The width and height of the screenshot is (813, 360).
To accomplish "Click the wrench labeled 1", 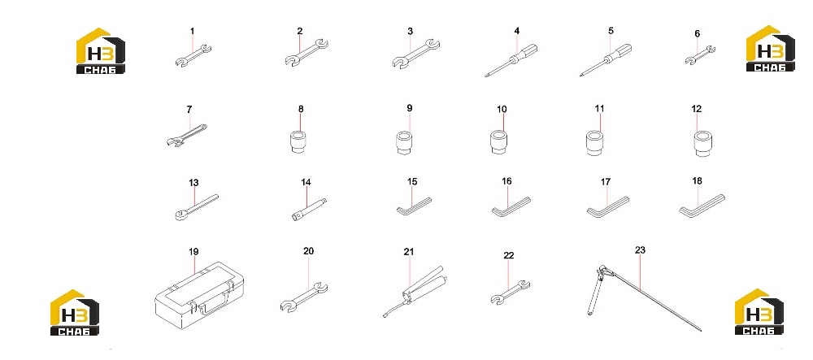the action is pyautogui.click(x=193, y=56).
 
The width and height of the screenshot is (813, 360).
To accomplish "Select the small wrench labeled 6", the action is pyautogui.click(x=700, y=55).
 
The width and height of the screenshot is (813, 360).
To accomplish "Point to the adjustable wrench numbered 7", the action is pyautogui.click(x=187, y=135).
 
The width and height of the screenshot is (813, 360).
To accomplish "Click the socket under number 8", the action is pyautogui.click(x=298, y=142).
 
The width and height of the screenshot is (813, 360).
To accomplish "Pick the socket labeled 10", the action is pyautogui.click(x=498, y=142).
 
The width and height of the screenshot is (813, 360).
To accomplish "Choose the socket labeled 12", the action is pyautogui.click(x=702, y=144).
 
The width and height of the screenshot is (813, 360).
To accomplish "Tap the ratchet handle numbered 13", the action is pyautogui.click(x=197, y=208).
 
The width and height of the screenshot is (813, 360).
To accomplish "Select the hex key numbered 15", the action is pyautogui.click(x=414, y=206).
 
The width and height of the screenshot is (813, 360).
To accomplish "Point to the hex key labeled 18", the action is pyautogui.click(x=702, y=206).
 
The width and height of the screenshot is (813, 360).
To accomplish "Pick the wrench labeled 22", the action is pyautogui.click(x=511, y=292).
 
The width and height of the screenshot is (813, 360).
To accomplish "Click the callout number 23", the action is pyautogui.click(x=640, y=250).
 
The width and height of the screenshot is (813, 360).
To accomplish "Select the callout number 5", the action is pyautogui.click(x=611, y=31).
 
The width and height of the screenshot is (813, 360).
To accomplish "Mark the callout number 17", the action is pyautogui.click(x=606, y=182).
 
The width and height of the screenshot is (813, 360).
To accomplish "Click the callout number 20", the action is pyautogui.click(x=308, y=251).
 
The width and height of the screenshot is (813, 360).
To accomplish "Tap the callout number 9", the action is pyautogui.click(x=410, y=108).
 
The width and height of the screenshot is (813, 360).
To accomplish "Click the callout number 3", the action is pyautogui.click(x=410, y=32).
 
